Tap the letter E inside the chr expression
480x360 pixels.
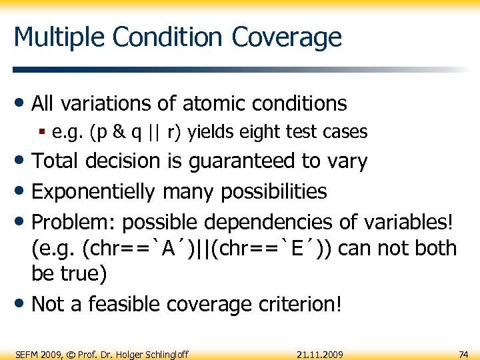click(305, 249)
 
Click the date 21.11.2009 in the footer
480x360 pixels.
click(321, 354)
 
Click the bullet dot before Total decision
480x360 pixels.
click(21, 161)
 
